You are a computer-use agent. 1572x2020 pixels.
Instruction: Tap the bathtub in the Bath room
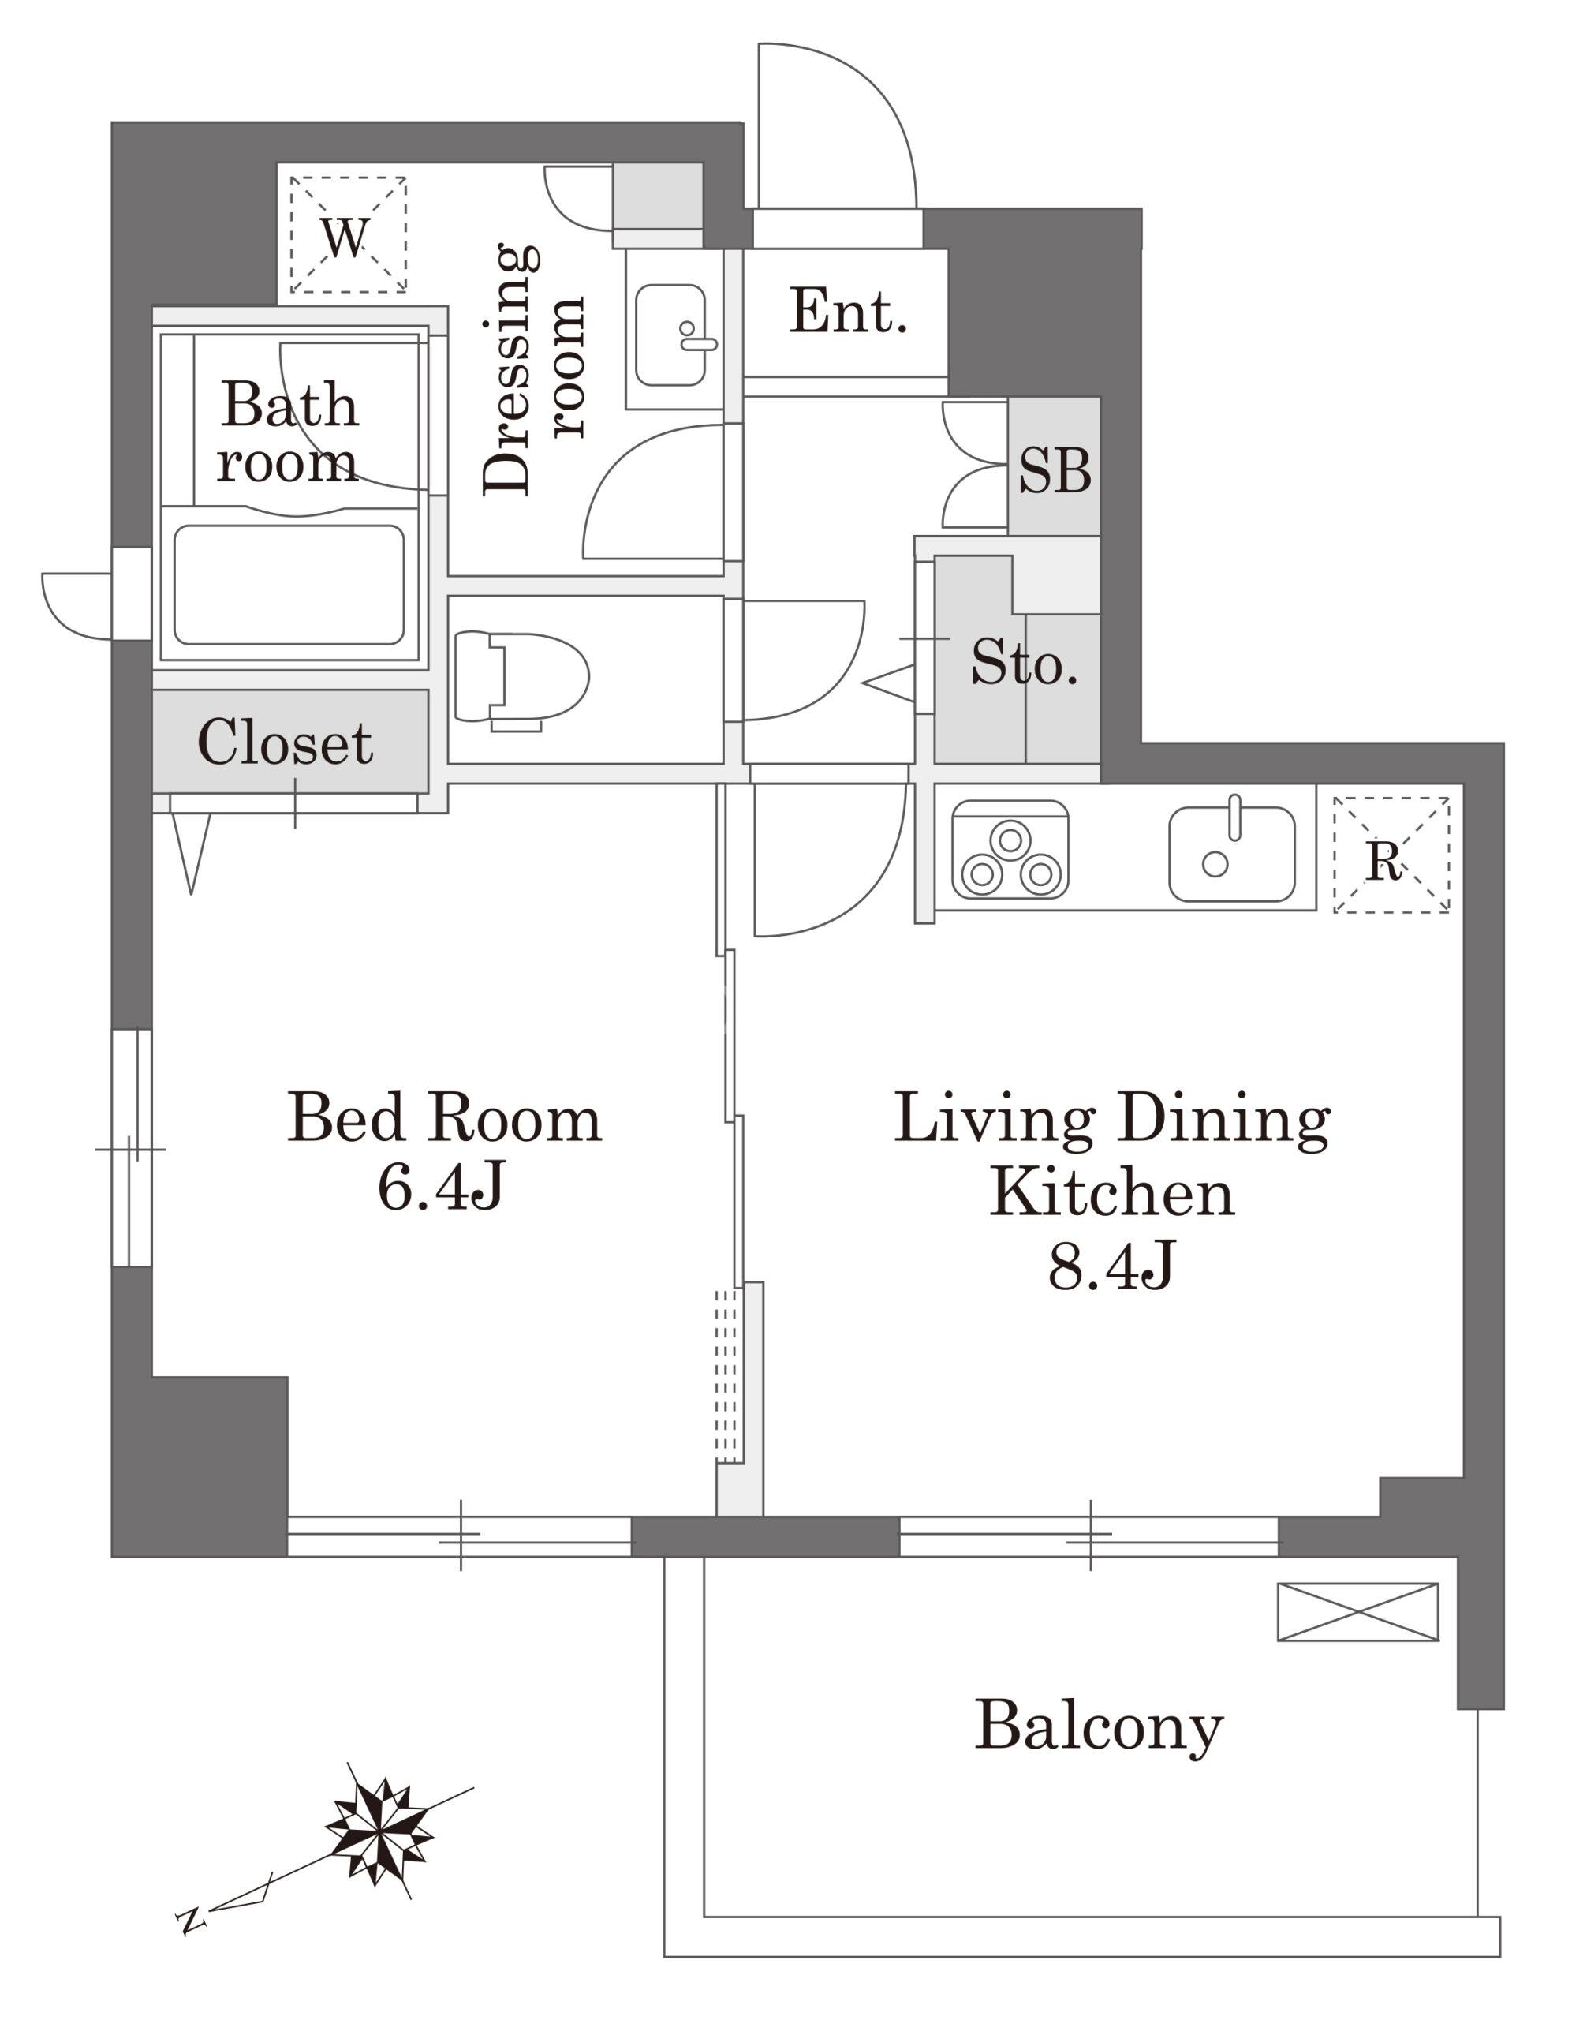coord(289,585)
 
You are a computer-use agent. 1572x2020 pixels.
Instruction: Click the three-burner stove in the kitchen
coord(1010,849)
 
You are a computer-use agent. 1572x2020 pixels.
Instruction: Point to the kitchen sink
coord(1232,852)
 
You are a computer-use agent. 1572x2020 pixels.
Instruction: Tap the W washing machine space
coord(345,237)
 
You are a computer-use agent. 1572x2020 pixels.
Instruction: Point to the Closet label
coord(285,742)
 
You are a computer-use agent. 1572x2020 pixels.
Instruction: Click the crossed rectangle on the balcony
coord(1357,1611)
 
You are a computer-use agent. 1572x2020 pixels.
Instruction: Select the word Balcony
coord(1099,1726)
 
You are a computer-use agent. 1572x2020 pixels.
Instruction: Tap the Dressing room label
coord(533,369)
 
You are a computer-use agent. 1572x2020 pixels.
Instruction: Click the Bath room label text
coord(288,432)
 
